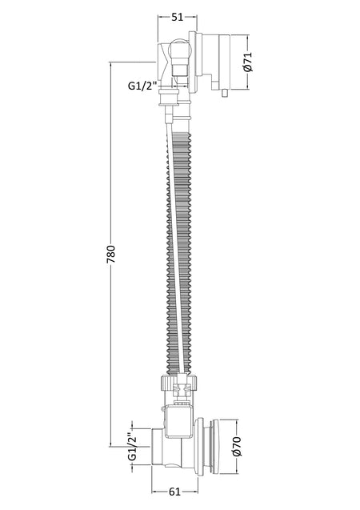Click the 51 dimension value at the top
point(178,17)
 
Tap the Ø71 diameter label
point(247,62)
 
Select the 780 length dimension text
point(110,254)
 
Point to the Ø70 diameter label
point(237,446)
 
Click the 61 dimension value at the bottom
point(175,492)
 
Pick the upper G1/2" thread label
point(142,86)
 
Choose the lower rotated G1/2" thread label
point(132,447)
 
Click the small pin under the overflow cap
point(223,93)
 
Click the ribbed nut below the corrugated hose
point(178,383)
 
